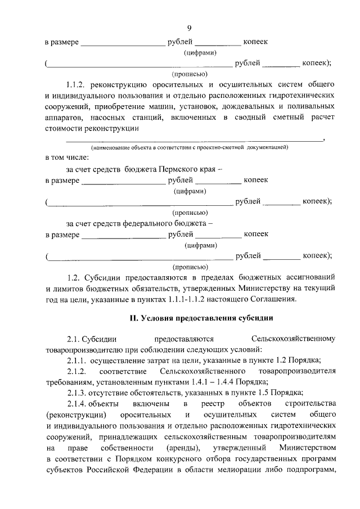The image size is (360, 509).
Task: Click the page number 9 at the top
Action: tap(189, 28)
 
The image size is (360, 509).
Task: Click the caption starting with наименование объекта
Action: tap(190, 147)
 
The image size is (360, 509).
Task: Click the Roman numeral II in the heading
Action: tap(134, 319)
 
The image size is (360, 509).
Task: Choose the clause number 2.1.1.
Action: tap(75, 361)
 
